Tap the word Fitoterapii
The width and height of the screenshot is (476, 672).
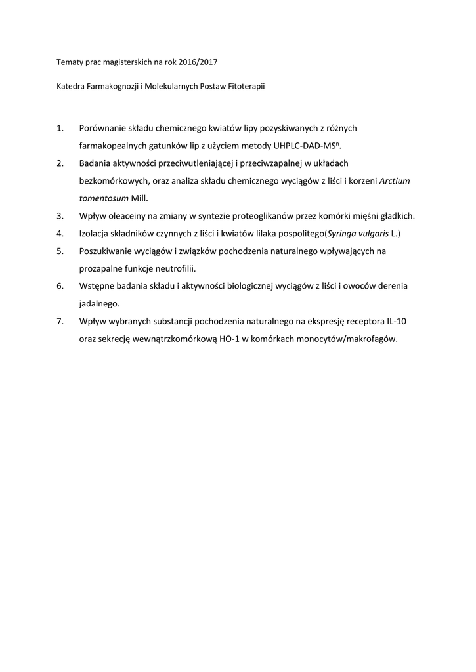(246, 86)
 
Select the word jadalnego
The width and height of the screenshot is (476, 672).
(98, 303)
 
